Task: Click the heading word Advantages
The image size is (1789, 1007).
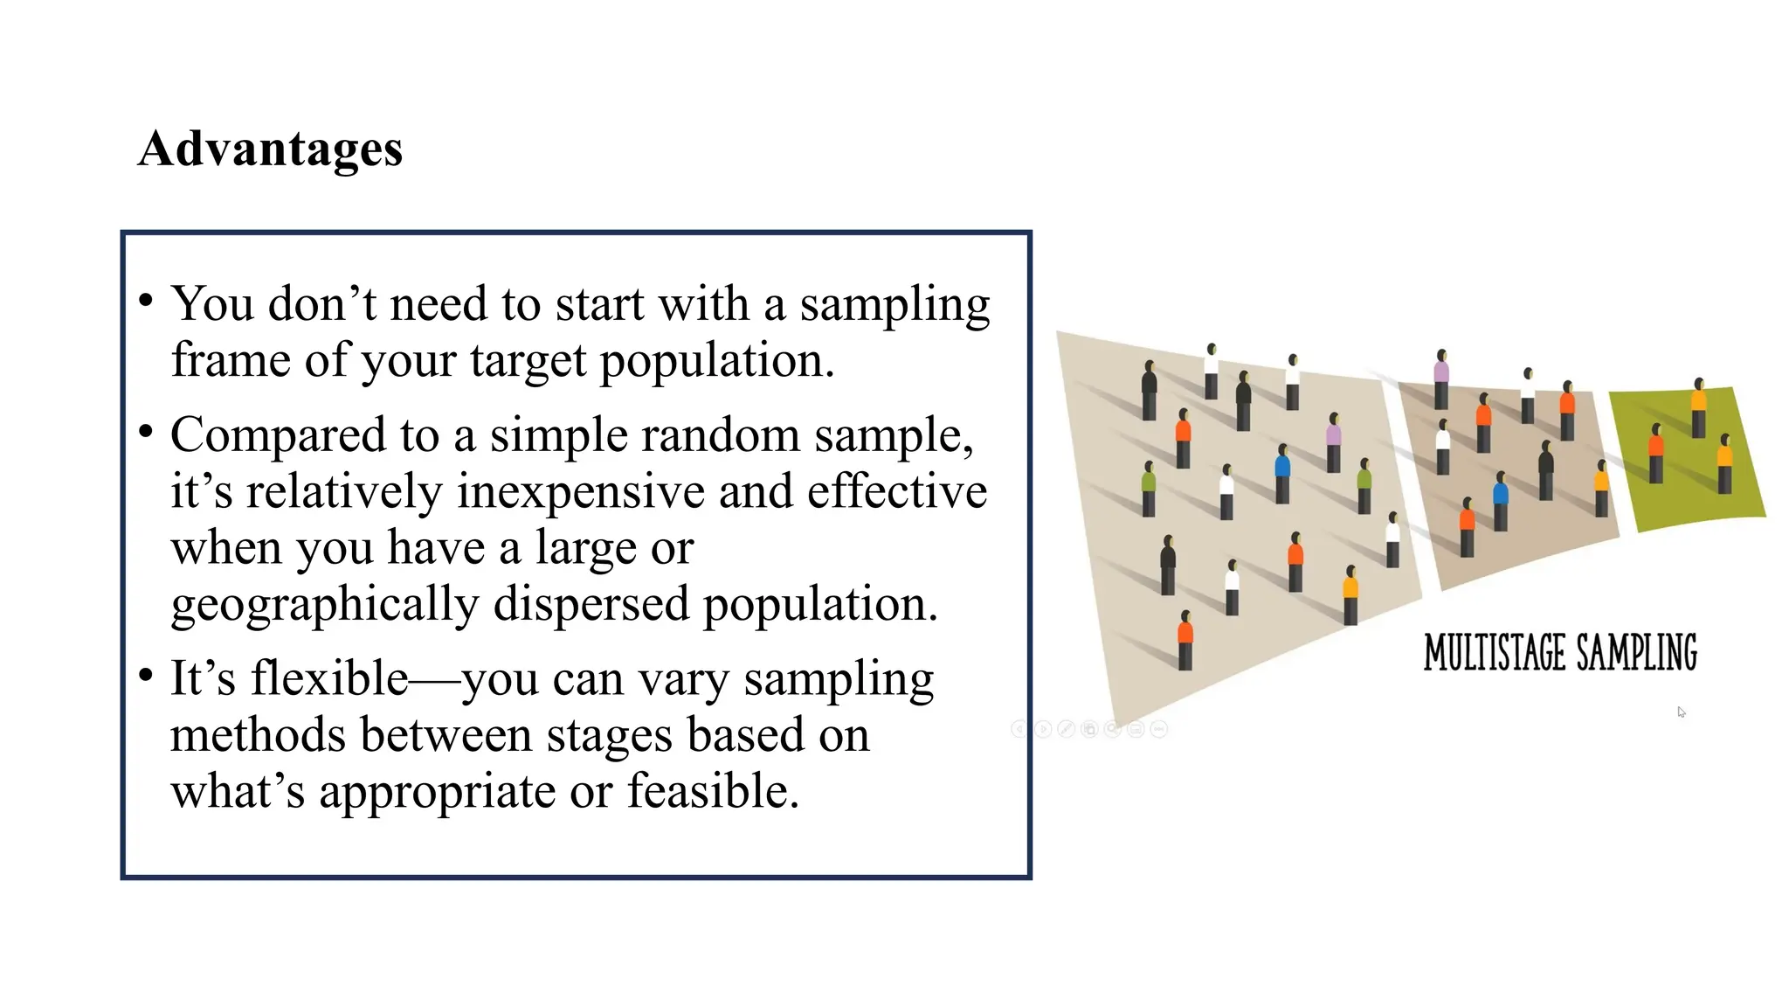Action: (x=270, y=149)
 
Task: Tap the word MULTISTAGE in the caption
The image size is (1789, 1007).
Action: (x=1494, y=653)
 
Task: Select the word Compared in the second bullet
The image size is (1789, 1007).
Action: (x=277, y=435)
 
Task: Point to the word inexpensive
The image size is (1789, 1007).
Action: (x=580, y=491)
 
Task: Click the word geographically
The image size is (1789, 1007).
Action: (x=324, y=605)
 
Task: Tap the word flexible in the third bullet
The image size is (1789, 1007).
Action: (x=329, y=678)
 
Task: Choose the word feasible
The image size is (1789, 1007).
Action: (x=713, y=791)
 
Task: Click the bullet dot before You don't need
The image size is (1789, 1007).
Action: (x=146, y=302)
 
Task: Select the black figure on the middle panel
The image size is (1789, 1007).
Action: (x=1545, y=469)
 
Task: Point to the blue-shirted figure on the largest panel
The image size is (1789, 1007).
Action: (x=1282, y=472)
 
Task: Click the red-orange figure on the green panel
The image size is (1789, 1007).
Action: (x=1655, y=452)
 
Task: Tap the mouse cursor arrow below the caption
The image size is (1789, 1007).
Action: (x=1681, y=712)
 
